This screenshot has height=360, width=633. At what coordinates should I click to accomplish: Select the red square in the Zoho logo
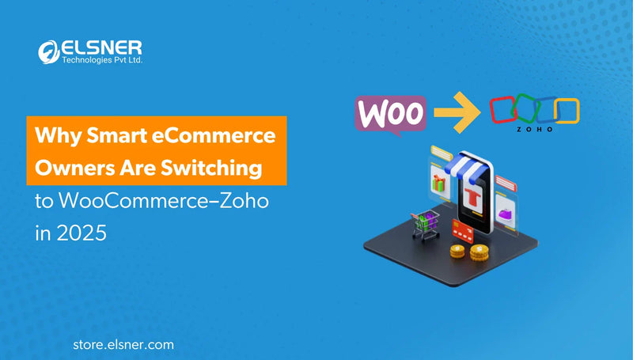(503, 112)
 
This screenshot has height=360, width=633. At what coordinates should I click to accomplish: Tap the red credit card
(462, 231)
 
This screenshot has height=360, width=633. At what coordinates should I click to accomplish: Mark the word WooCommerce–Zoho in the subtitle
(163, 202)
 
